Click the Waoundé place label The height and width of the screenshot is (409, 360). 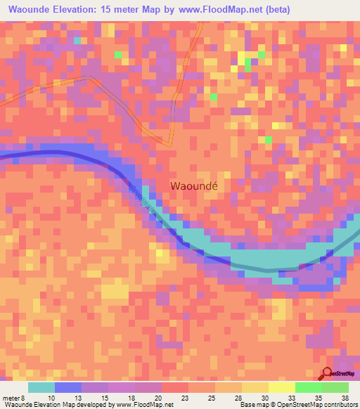tap(195, 186)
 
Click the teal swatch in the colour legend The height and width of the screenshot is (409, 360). tap(41, 387)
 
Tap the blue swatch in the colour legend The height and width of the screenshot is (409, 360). tap(68, 387)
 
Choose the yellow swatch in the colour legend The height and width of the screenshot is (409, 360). tap(282, 387)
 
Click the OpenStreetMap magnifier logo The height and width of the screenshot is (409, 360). tap(328, 373)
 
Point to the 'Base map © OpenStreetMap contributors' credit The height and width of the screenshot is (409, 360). tap(297, 405)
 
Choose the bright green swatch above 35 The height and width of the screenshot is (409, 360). tap(309, 387)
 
